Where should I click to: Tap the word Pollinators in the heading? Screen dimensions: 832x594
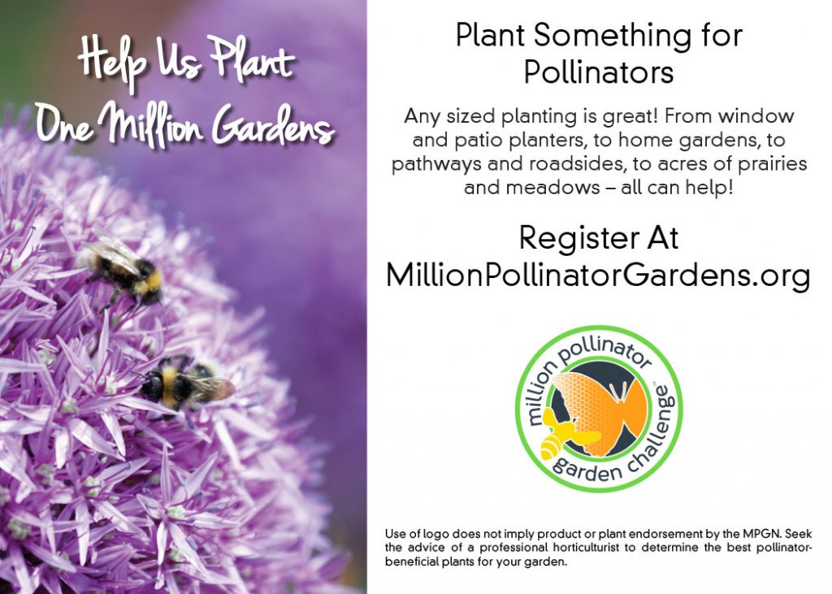(x=599, y=72)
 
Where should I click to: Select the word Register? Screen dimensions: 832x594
(x=578, y=240)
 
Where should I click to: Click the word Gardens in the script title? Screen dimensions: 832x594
(x=273, y=125)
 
